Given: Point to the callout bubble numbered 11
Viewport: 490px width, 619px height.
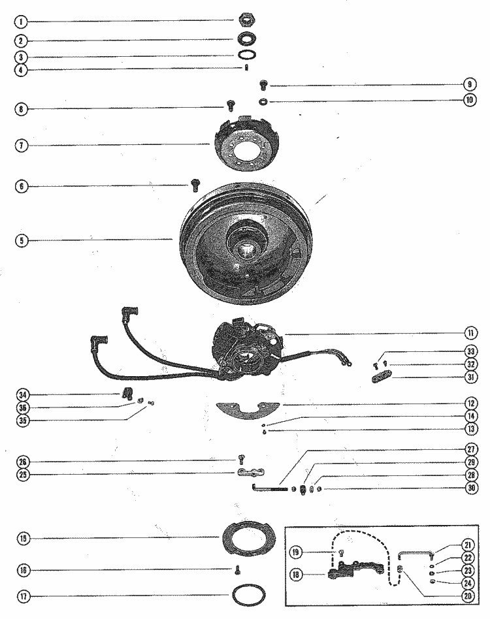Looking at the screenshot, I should coord(469,334).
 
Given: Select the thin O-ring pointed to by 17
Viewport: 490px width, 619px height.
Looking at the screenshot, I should coord(248,596).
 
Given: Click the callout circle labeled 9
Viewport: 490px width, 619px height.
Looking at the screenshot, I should coord(469,84).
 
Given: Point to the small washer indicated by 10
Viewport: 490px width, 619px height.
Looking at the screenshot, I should coord(262,101).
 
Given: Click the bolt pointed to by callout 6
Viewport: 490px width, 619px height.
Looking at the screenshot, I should coord(195,186).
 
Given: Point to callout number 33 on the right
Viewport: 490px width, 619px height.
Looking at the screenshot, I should coord(469,351).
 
